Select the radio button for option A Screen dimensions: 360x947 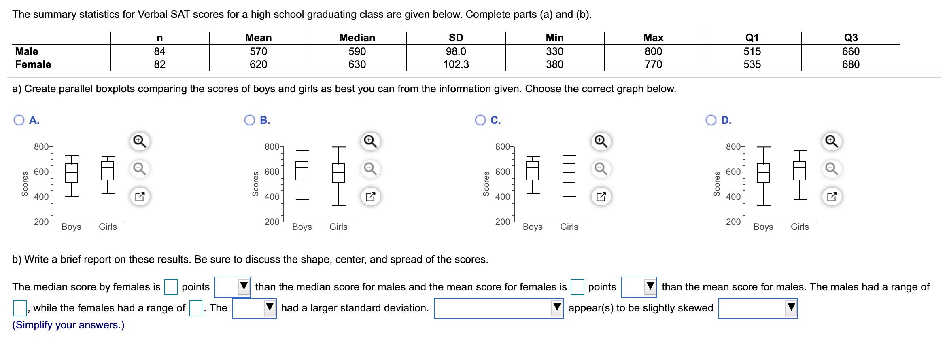tap(19, 120)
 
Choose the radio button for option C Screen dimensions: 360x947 tap(480, 120)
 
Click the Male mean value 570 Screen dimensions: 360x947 tap(258, 51)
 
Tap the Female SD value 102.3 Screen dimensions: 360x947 tap(456, 64)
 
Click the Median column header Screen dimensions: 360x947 tap(357, 38)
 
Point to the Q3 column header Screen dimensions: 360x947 tap(851, 38)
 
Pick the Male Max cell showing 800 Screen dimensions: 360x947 tap(653, 51)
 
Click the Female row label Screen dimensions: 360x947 tap(33, 64)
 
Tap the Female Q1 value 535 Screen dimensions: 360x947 tap(752, 64)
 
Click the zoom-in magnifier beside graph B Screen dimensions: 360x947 tap(370, 141)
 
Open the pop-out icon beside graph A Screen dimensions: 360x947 tap(140, 197)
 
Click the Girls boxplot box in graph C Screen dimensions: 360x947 tap(569, 173)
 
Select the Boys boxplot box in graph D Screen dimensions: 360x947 tap(763, 173)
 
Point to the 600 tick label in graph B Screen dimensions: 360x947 tap(272, 172)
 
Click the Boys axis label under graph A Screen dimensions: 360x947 tap(71, 227)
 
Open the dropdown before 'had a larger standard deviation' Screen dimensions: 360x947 tap(254, 308)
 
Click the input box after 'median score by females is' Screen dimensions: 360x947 tap(171, 287)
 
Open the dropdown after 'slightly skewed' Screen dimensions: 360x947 tap(758, 308)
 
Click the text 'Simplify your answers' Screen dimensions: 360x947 tap(68, 325)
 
